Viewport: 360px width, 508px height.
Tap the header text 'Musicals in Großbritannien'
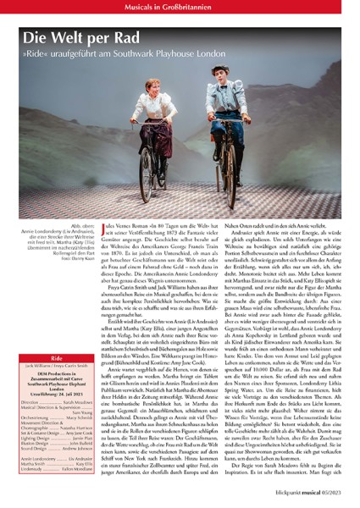[180, 7]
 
